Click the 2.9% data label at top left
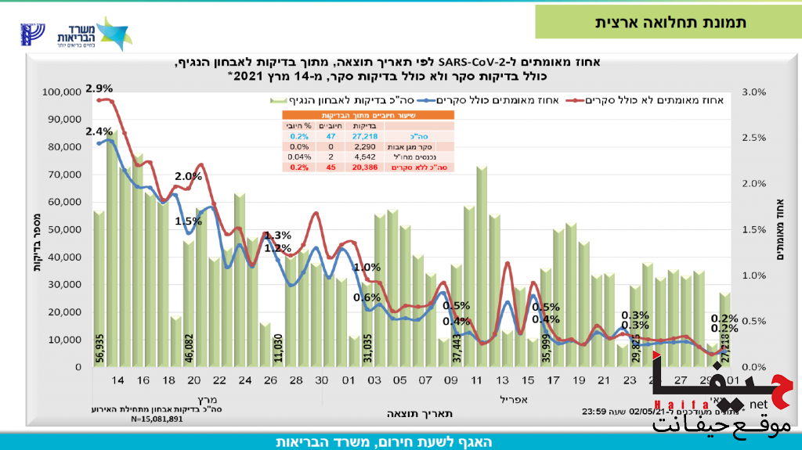tap(99, 88)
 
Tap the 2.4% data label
tap(99, 131)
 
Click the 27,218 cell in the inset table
tap(364, 136)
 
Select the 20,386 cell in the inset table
tap(364, 167)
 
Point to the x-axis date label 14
tap(118, 380)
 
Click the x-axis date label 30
tap(322, 380)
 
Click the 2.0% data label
tap(189, 176)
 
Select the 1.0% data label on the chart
tap(367, 268)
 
